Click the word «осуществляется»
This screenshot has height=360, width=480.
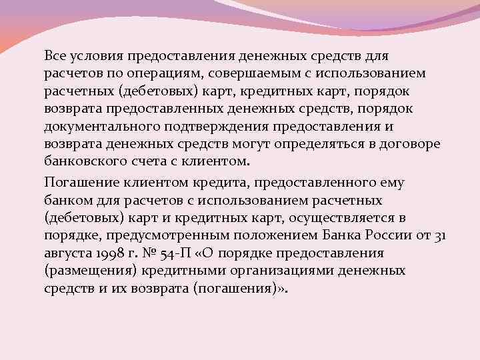[347, 218]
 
